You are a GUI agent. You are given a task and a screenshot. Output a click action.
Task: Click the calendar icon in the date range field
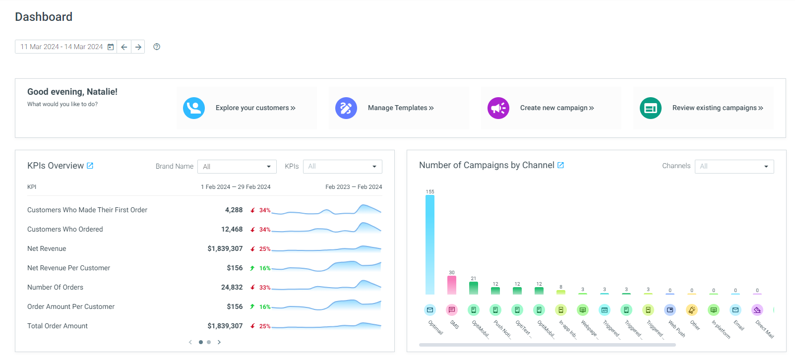coord(111,47)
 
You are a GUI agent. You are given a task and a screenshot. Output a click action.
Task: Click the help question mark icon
coord(157,47)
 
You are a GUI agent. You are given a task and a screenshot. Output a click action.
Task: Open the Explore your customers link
coord(255,108)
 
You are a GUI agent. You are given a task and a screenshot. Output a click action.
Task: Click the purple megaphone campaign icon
coord(498,108)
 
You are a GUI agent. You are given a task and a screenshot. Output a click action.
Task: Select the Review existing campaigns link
coord(718,108)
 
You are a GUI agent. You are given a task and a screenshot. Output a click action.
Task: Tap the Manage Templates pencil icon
coord(346,108)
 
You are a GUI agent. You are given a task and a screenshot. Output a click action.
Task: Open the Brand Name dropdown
coord(237,167)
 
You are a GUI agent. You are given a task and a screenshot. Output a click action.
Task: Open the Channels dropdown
coord(734,166)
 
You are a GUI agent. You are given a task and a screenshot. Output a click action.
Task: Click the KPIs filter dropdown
coord(343,167)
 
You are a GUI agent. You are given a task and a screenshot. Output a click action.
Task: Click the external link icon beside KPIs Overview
coord(90,166)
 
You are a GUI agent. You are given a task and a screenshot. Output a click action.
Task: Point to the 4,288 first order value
coord(234,210)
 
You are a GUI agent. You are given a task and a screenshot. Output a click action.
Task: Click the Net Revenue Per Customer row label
coord(68,268)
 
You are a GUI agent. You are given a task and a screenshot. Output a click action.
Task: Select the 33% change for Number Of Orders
coord(265,288)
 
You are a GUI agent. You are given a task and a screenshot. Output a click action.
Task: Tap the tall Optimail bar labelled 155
coord(430,244)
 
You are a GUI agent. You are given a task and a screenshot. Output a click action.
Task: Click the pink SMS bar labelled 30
coord(452,285)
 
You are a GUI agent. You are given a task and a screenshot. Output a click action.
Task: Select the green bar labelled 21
coord(474,288)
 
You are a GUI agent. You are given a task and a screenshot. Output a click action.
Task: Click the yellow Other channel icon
coord(692,310)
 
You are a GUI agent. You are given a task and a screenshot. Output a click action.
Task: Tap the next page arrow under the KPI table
coord(219,342)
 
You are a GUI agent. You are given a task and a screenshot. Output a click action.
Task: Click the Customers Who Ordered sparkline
coord(326,228)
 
